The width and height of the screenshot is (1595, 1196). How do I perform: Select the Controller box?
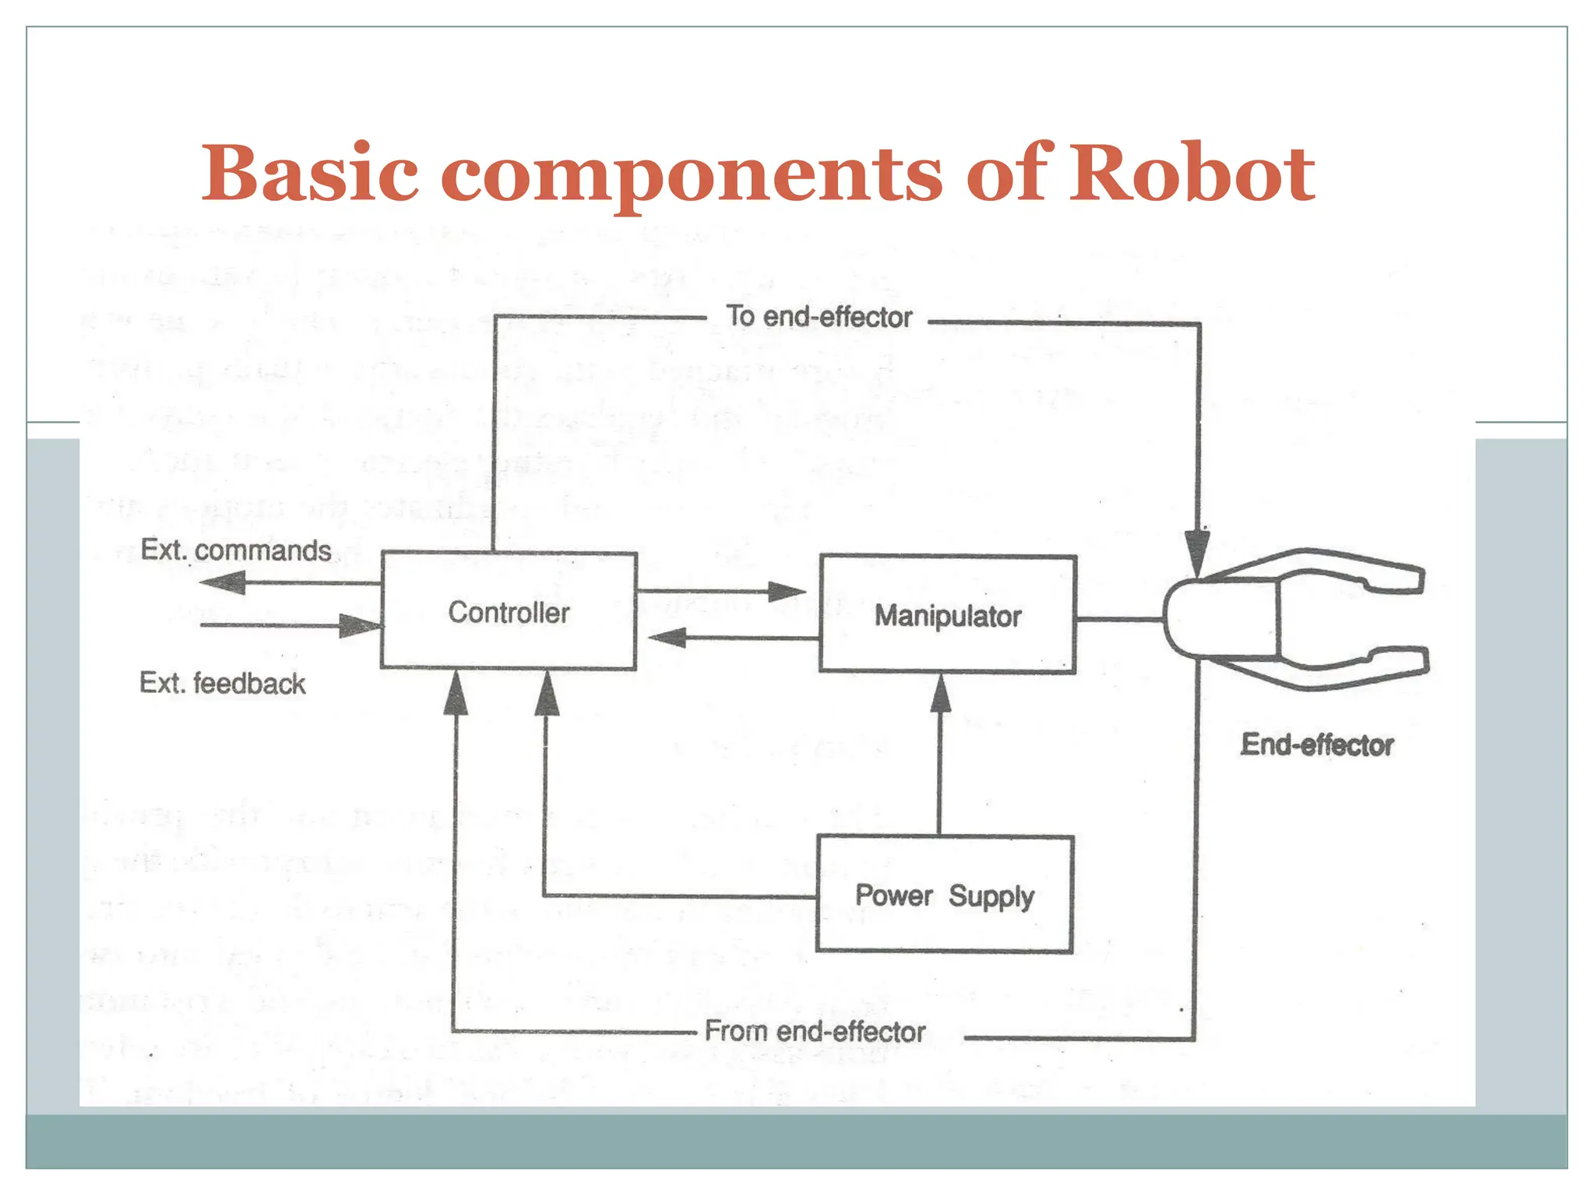[x=509, y=612]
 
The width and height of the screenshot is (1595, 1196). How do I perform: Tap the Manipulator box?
[x=948, y=615]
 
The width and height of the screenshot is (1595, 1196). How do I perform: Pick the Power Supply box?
[x=945, y=895]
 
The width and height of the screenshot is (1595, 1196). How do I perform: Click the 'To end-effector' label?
[x=819, y=317]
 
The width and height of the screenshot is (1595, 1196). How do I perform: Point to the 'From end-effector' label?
[x=815, y=1032]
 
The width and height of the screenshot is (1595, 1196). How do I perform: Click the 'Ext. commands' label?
[x=236, y=551]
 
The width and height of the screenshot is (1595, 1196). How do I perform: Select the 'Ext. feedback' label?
[x=223, y=684]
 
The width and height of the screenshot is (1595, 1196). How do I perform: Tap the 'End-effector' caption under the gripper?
[x=1317, y=745]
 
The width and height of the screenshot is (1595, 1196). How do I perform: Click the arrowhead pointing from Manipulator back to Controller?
[x=668, y=638]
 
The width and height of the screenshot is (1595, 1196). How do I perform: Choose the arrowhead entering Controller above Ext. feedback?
[x=360, y=625]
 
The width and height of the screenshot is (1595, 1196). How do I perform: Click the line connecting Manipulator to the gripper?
[x=1119, y=620]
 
